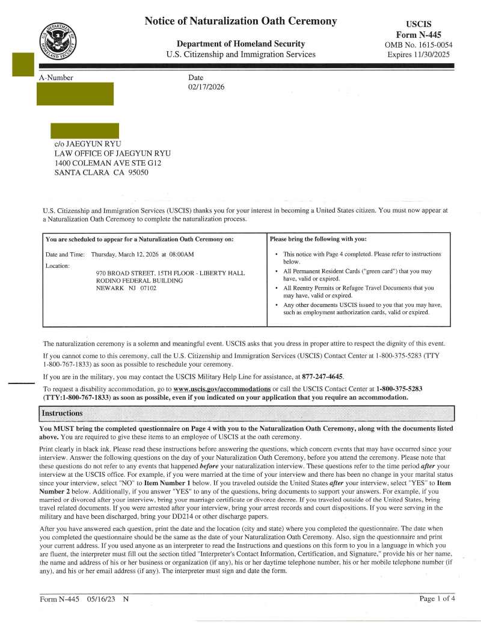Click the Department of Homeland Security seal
60,40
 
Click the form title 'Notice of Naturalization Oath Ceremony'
240,21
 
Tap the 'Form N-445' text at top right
418,35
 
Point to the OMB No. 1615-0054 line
418,45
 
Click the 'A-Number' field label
56,78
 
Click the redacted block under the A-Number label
75,94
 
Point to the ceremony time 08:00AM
181,255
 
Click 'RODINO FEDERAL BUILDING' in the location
139,281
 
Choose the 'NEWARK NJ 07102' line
126,288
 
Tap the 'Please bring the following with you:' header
319,239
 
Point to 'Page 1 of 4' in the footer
437,598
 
